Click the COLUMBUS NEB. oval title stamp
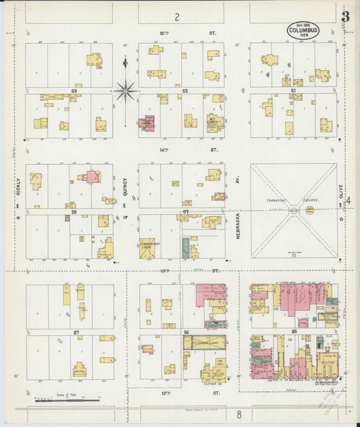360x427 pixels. [x=303, y=30]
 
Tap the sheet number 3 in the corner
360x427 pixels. [x=345, y=16]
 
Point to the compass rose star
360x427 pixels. [x=125, y=90]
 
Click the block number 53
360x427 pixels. [x=73, y=90]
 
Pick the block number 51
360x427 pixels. [x=293, y=90]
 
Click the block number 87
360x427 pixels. [x=76, y=333]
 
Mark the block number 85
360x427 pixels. [x=294, y=331]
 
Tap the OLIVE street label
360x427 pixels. [x=341, y=197]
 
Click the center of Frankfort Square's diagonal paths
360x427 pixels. [x=294, y=211]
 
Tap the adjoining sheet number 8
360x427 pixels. [x=238, y=413]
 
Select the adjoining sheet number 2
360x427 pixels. [x=177, y=16]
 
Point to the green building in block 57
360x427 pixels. [x=186, y=248]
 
